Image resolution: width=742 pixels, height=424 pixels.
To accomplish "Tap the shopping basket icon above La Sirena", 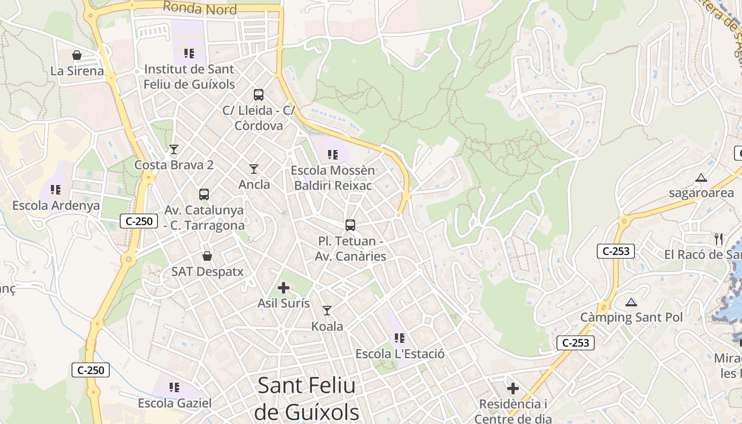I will pos(77,55).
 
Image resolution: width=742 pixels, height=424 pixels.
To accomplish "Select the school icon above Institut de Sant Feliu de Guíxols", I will pos(189,53).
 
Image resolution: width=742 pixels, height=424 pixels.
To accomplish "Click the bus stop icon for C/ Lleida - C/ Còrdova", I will pos(259,95).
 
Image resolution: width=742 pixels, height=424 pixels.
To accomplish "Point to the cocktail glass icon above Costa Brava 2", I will pos(173,149).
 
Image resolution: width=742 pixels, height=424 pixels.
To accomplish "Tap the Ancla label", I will pos(254,184).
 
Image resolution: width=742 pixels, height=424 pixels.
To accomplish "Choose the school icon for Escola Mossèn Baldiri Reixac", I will pos(333,155).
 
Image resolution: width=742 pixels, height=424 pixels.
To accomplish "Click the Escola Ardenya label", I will pos(56,206).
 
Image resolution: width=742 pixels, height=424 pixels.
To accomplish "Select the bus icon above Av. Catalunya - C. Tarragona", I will pos(204,195).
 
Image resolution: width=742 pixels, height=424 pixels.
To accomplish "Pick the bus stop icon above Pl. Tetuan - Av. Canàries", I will pos(350,225).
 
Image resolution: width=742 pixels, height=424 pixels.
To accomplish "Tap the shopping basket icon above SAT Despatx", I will pos(207,256).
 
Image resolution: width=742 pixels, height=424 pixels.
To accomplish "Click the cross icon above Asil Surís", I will pos(284,288).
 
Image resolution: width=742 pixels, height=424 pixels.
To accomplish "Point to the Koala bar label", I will pos(327,326).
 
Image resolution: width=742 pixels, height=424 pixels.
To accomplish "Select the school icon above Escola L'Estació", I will pos(400,338).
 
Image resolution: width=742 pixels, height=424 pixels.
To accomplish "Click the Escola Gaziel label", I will pos(174,403).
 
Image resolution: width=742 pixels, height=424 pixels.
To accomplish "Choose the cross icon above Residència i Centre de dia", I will pos(513,388).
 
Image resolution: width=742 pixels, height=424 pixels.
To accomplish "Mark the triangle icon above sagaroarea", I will pos(701,178).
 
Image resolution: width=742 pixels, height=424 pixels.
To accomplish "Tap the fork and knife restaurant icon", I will pos(719,239).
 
